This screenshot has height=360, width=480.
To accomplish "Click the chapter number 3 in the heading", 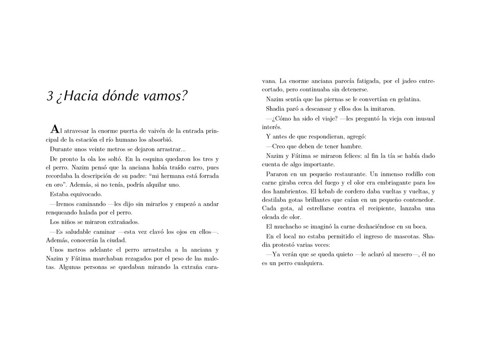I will [50, 96].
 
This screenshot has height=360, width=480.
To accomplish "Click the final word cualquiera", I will [307, 263].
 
